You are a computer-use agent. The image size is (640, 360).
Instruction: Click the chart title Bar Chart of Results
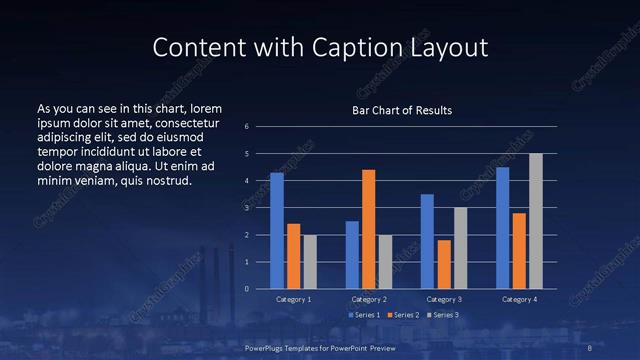[402, 110]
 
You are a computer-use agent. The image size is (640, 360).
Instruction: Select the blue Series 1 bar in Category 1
[277, 231]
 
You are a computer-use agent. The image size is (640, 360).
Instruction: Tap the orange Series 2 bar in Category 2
[368, 229]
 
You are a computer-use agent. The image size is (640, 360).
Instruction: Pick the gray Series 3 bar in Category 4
[536, 221]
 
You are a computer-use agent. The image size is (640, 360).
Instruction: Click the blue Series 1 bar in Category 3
[427, 241]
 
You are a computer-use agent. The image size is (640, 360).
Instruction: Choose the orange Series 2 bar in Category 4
[519, 251]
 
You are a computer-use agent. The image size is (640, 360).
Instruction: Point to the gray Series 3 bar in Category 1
[310, 262]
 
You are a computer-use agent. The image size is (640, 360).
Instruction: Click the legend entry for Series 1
[361, 316]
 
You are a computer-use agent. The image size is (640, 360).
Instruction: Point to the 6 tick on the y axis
[260, 127]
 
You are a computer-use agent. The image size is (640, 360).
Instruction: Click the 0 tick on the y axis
[260, 289]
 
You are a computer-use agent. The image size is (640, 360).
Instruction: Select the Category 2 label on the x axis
[369, 299]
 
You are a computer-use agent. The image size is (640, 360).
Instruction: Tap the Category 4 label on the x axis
[519, 299]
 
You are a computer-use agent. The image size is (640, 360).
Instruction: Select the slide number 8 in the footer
[591, 347]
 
